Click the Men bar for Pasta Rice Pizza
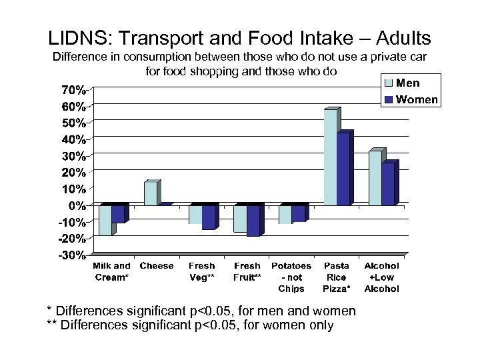(330, 157)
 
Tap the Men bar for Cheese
(151, 193)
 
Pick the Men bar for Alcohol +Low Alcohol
(375, 178)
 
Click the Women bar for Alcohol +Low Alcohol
(388, 184)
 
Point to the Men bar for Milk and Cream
(105, 220)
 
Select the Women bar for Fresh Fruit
(253, 220)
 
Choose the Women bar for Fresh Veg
(209, 217)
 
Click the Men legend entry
(408, 83)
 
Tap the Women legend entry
(416, 100)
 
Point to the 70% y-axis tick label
(74, 89)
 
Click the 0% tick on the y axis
(78, 205)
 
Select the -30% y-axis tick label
(72, 255)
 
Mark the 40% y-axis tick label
(74, 139)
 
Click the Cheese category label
(157, 266)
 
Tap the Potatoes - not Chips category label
(291, 277)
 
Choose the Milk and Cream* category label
(112, 271)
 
